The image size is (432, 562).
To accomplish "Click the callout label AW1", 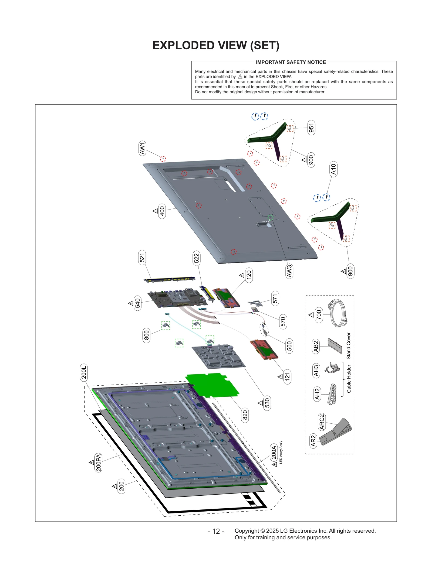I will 142,148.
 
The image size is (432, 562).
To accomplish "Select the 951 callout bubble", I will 311,128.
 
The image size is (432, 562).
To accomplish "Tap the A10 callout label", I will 333,169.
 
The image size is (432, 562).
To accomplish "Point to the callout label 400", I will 162,211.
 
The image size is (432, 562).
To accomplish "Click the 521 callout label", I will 142,258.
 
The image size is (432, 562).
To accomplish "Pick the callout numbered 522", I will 196,258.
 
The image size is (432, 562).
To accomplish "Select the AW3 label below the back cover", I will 289,271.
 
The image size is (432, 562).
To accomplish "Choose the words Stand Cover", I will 349,346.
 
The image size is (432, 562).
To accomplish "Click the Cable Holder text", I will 349,379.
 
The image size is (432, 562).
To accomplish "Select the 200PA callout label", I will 99,462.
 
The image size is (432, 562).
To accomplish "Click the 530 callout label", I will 267,403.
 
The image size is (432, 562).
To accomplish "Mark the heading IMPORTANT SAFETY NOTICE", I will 291,62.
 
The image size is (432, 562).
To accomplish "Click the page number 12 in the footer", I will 216,531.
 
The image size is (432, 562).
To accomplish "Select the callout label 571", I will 275,299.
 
